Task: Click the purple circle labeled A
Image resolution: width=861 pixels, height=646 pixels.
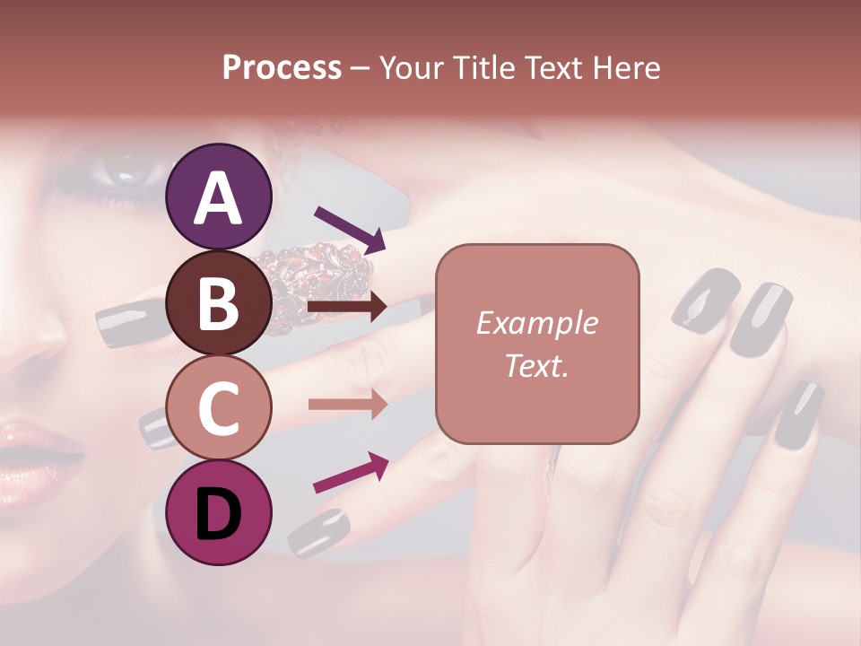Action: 219,196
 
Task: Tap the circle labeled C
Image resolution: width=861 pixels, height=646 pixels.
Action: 219,407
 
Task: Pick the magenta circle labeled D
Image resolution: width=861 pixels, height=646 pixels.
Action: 219,512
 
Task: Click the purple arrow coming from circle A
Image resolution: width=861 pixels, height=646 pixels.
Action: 349,228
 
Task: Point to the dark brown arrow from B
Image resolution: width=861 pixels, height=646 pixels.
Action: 347,308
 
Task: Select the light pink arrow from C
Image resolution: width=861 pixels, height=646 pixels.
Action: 347,404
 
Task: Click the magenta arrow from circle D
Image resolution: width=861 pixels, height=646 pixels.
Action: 351,472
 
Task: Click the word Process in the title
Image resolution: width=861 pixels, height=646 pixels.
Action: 282,67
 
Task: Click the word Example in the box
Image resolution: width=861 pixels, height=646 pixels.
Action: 537,323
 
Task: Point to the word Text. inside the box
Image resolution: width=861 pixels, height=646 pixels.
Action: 537,364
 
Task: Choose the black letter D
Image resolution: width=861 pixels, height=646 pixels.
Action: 219,513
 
